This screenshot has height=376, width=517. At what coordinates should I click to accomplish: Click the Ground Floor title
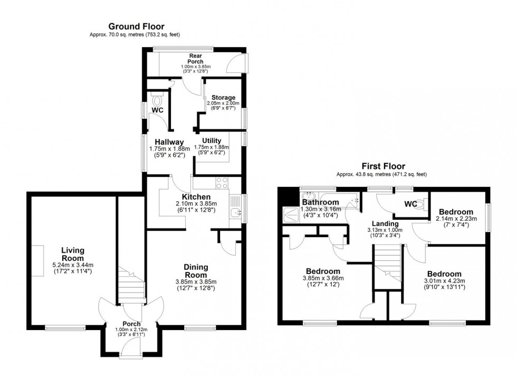(x=136, y=26)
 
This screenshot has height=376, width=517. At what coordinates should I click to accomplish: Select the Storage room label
(x=223, y=98)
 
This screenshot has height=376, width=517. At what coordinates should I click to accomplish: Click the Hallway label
(x=169, y=142)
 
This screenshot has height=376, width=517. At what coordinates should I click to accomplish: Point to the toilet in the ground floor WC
(x=157, y=100)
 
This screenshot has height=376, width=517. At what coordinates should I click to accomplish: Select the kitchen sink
(x=235, y=213)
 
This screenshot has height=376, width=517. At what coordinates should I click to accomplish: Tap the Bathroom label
(x=321, y=202)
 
